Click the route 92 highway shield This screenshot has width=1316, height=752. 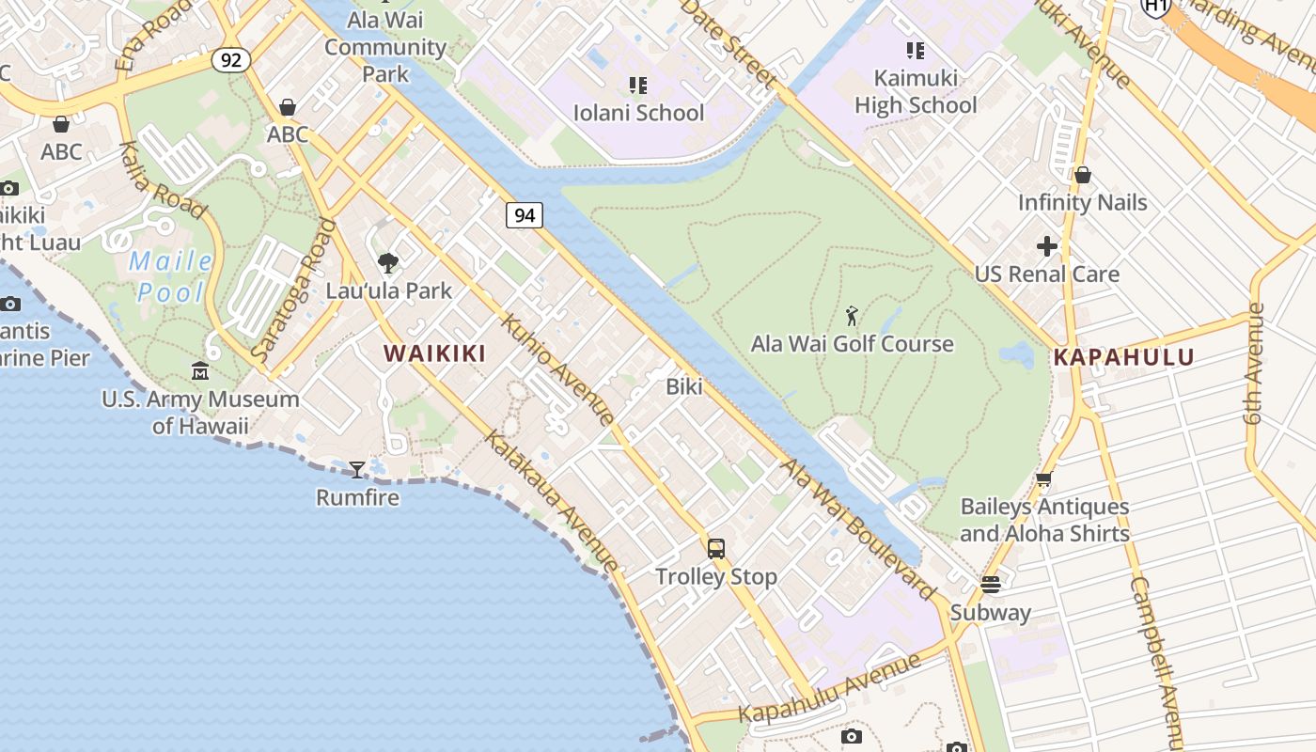230,61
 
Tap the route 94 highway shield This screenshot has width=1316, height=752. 525,215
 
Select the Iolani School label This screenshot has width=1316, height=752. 638,113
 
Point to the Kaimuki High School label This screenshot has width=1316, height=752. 916,91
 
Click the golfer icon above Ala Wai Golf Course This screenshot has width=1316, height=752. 852,316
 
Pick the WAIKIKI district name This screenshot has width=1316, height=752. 434,353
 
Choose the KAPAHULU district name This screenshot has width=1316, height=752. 1123,357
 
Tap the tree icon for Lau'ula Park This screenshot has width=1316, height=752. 388,263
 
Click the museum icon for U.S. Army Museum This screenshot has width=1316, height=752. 200,372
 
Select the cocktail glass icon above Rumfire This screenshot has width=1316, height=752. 357,469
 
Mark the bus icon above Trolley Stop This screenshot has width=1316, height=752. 716,549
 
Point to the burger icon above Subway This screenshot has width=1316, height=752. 990,585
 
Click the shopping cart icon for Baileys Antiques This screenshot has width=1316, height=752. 1043,479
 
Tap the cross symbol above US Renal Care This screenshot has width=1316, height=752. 1047,246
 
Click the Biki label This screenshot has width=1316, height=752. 683,386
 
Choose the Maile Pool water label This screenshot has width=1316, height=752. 170,276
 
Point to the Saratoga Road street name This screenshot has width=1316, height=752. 294,290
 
